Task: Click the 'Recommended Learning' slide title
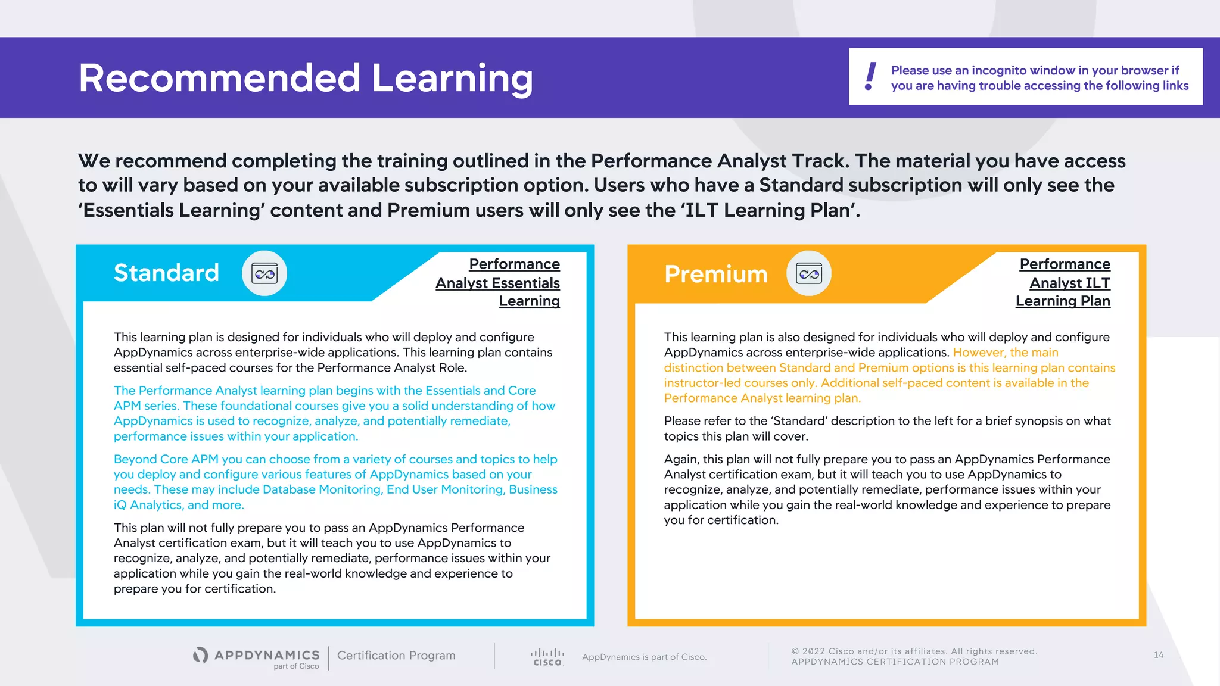(x=306, y=79)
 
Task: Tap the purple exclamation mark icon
(x=870, y=76)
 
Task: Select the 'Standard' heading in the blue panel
(x=166, y=273)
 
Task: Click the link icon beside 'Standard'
(x=264, y=273)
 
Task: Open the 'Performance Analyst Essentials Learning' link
(x=498, y=283)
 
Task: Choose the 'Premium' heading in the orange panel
(x=716, y=275)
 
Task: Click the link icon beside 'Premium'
(x=809, y=274)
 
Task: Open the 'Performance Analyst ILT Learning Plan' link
(x=1064, y=283)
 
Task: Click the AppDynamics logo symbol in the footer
(x=201, y=655)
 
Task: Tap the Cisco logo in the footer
(x=547, y=657)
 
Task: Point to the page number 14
(x=1158, y=655)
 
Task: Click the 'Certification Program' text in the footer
(x=396, y=656)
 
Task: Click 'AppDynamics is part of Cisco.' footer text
(x=644, y=657)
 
